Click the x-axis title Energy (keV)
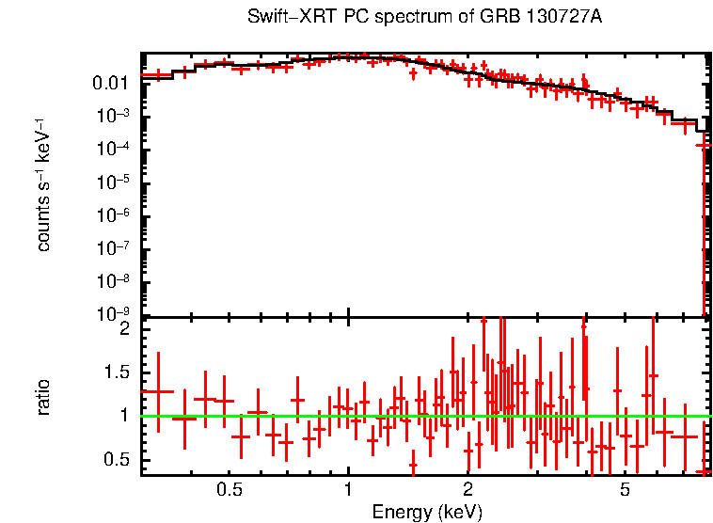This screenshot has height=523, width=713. pos(427,512)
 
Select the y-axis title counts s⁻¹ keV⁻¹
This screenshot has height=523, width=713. pos(43,185)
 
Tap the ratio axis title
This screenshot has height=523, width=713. pos(43,396)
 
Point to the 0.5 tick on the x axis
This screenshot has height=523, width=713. pos(229,490)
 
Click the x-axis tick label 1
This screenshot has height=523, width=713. pos(348,490)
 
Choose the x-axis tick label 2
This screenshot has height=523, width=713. pos(467,490)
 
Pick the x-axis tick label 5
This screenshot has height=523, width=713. pos(626,490)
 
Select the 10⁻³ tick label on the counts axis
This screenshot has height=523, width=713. pos(117,116)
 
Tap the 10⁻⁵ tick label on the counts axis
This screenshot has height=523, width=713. pos(117,182)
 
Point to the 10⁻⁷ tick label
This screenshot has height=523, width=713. pos(117,248)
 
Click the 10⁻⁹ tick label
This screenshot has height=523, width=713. pos(117,314)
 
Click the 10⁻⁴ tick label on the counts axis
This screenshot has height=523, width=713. pos(117,149)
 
